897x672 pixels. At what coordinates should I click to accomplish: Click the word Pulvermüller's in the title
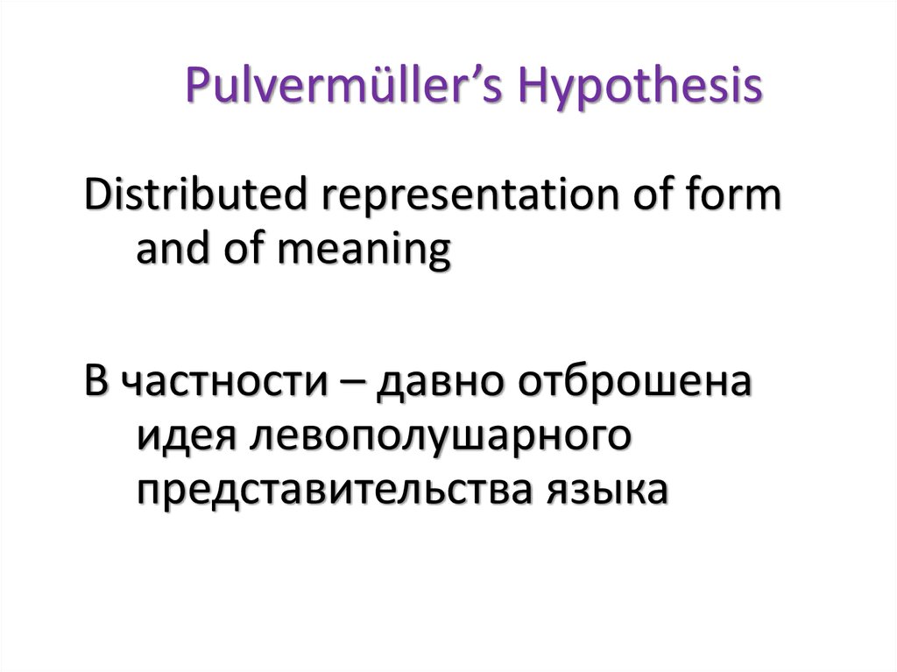[x=343, y=85]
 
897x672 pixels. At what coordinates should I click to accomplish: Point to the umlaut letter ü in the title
[x=393, y=86]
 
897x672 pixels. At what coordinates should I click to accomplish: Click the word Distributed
[x=196, y=195]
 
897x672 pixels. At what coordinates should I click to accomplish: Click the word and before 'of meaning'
[x=173, y=249]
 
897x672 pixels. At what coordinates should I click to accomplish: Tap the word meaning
[x=365, y=252]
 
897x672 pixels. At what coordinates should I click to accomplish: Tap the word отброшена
[x=634, y=380]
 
